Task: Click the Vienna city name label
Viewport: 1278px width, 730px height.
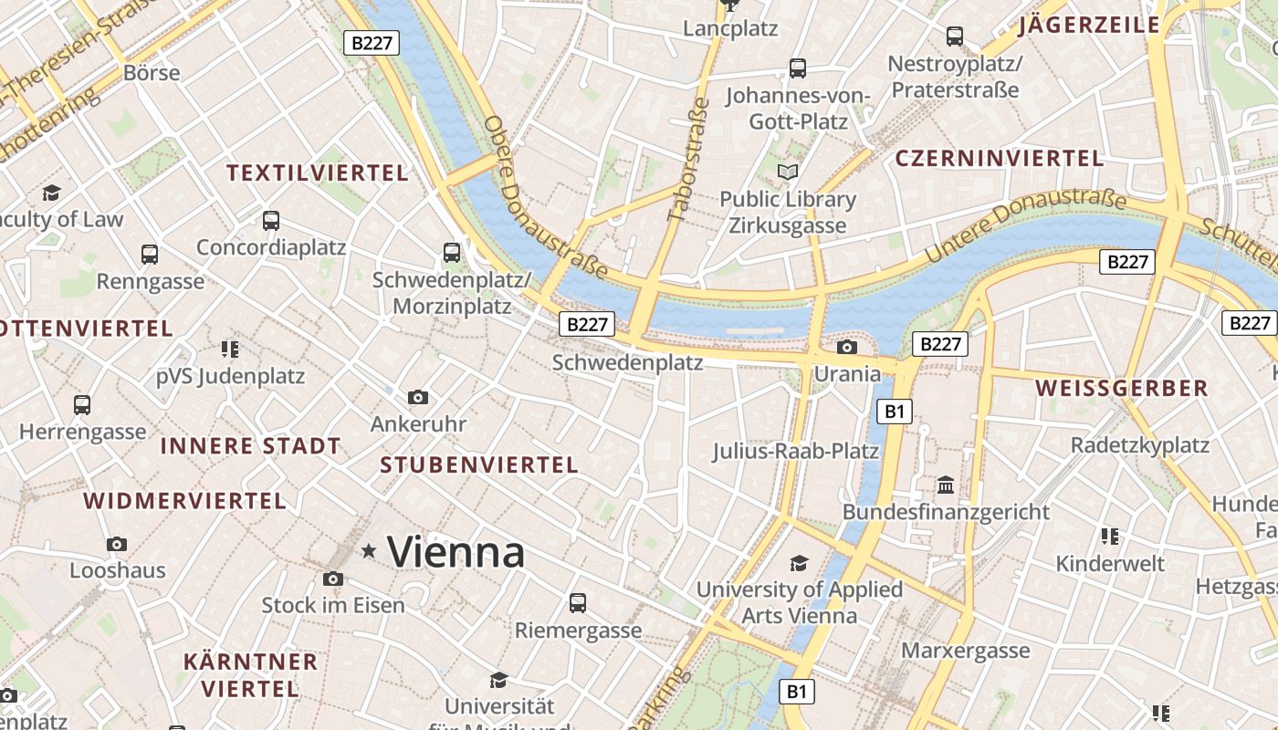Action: coord(456,552)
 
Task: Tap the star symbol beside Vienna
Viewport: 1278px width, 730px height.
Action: coord(369,550)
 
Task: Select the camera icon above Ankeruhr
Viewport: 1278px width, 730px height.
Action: coord(418,397)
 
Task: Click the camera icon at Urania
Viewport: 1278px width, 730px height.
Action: coord(847,347)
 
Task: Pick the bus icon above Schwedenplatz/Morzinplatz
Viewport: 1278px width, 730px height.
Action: coord(451,253)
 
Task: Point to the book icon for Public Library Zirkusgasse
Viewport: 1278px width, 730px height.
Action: coord(787,172)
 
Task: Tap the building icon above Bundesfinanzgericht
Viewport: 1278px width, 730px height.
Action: coord(946,484)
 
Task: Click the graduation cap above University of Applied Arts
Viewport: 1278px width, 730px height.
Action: coord(799,563)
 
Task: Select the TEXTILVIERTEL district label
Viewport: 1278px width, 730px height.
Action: coord(317,172)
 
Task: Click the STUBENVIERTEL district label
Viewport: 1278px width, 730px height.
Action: coord(479,464)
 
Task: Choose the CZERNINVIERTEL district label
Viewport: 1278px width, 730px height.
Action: coord(1000,158)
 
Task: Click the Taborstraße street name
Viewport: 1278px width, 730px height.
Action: coord(689,160)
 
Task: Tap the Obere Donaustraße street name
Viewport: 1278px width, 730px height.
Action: coord(544,195)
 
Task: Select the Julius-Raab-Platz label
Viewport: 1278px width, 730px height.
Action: coord(795,451)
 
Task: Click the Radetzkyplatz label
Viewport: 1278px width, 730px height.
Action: coord(1139,445)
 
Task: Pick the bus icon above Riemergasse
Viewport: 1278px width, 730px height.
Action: coord(578,602)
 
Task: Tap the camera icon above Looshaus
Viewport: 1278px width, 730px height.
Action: coord(117,544)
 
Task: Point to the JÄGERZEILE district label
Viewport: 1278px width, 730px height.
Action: coord(1089,25)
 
